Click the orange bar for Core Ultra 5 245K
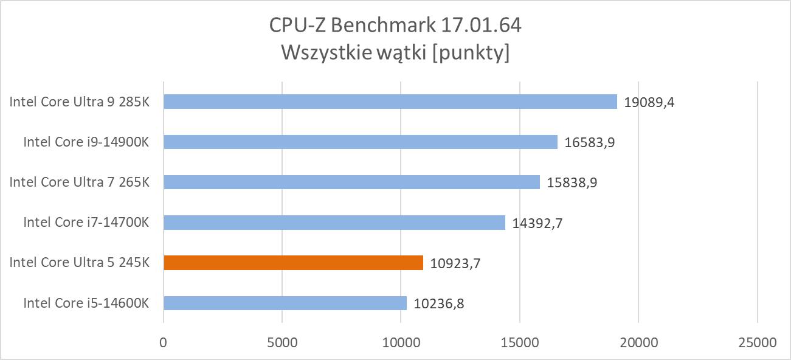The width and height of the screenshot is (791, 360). point(293,263)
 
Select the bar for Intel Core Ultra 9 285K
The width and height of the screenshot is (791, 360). point(390,102)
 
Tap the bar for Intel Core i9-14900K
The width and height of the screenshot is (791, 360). point(361,142)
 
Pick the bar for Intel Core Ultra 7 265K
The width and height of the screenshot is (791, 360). point(351,182)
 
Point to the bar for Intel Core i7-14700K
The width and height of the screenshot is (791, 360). point(334,223)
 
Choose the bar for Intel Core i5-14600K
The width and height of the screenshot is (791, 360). point(285,303)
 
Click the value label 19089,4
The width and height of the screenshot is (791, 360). point(649,102)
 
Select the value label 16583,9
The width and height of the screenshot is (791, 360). point(590,142)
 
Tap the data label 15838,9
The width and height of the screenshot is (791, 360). point(572,182)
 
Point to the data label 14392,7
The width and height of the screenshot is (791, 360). point(537,223)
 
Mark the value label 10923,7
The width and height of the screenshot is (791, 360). point(455,263)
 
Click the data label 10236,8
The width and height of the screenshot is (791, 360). point(439,303)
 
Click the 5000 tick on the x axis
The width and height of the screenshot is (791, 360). point(282,342)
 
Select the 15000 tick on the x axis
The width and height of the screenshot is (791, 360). point(520,342)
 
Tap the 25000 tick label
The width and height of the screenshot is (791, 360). point(757,342)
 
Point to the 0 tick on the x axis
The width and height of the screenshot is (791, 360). point(164,342)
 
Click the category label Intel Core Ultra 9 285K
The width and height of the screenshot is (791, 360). point(79,102)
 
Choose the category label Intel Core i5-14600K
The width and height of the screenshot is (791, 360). point(86,303)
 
